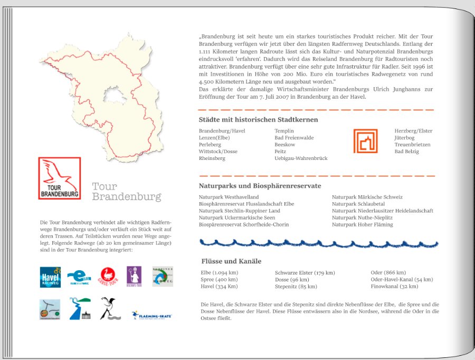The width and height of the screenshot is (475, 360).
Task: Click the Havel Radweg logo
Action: click(x=50, y=277)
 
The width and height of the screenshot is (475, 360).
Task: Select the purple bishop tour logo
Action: click(x=134, y=276)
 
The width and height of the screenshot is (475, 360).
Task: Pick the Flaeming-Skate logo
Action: click(x=151, y=315)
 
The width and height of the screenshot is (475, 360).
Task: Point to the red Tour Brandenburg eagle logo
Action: click(x=60, y=178)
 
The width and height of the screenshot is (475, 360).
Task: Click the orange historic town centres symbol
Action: click(x=365, y=141)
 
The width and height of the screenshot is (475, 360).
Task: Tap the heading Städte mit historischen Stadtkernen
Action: click(x=258, y=120)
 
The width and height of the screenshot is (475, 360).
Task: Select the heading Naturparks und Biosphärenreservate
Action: click(x=260, y=186)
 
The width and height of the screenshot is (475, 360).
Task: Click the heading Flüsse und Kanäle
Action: click(x=231, y=261)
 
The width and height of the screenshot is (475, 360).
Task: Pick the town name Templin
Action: click(x=284, y=131)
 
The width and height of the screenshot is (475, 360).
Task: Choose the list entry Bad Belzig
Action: click(x=406, y=151)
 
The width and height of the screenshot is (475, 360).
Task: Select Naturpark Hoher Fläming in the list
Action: click(x=362, y=224)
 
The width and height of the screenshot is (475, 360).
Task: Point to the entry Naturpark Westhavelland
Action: click(x=229, y=197)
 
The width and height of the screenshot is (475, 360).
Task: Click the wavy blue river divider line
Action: click(x=318, y=243)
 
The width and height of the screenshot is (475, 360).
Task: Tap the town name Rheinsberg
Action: click(x=212, y=158)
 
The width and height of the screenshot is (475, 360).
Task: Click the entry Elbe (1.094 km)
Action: click(x=219, y=273)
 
